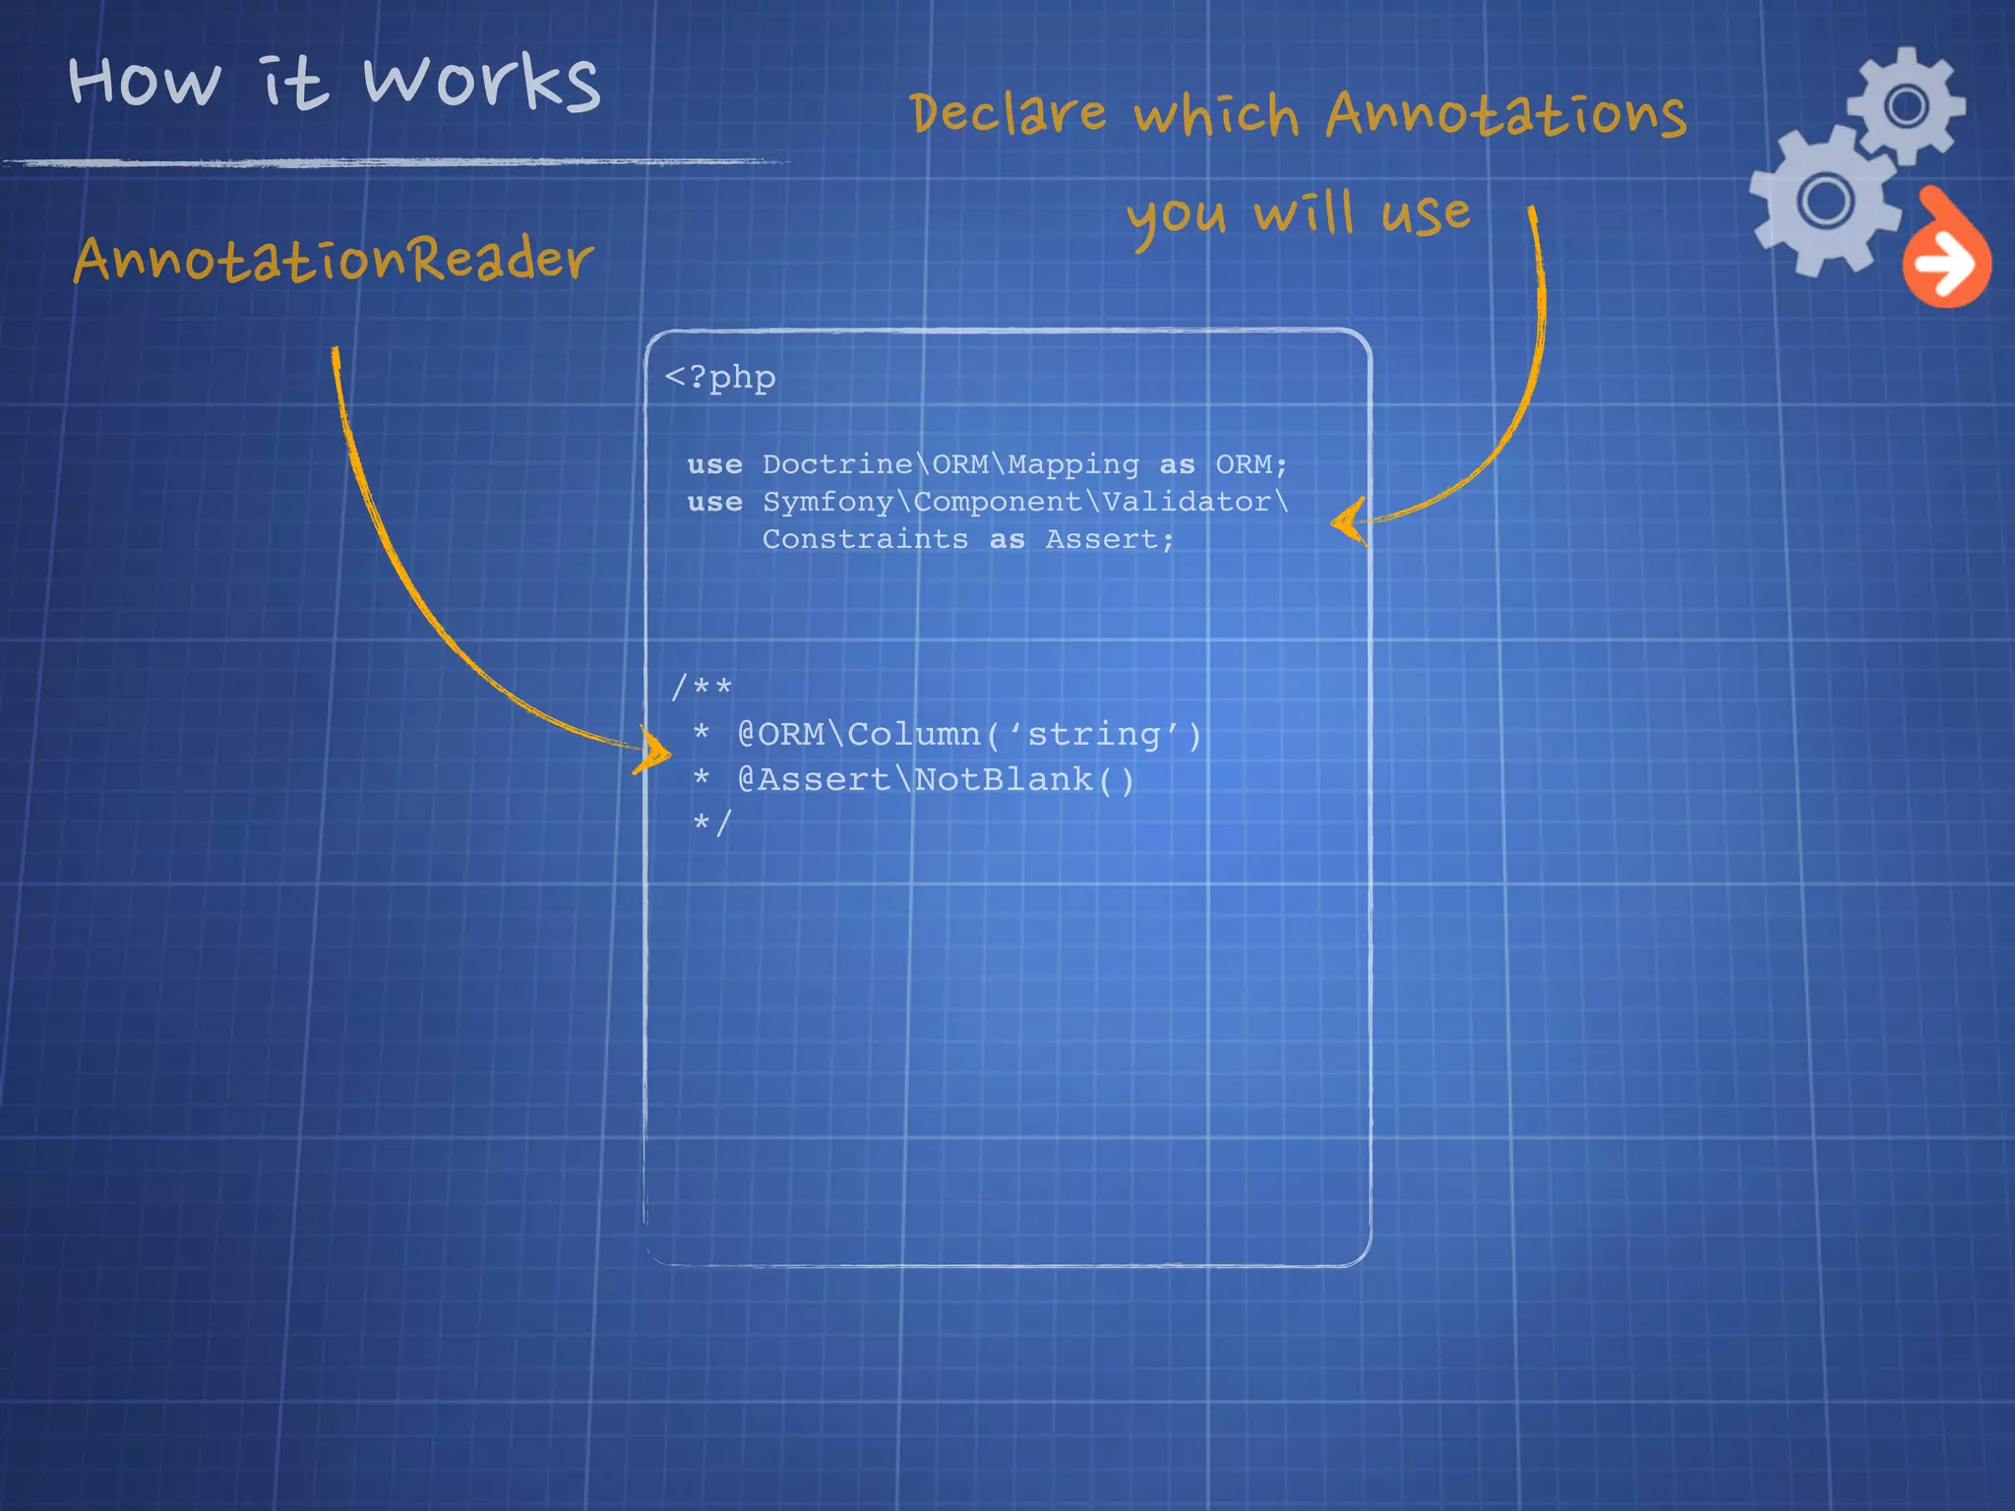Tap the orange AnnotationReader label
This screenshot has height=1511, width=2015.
coord(333,259)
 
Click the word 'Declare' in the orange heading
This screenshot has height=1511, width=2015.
coord(1008,112)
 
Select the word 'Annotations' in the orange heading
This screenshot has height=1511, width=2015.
coord(1505,114)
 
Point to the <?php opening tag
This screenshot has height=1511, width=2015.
coord(720,377)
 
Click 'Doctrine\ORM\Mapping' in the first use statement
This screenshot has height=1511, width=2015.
coord(950,464)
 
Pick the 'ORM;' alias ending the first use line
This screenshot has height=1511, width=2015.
coord(1251,464)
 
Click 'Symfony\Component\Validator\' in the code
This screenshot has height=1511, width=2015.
coord(1025,502)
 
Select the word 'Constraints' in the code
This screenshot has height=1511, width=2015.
coord(865,539)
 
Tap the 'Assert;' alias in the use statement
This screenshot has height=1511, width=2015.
coord(1109,539)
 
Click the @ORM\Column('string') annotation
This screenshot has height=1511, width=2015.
coord(969,734)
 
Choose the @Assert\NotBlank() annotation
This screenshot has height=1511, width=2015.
coord(936,779)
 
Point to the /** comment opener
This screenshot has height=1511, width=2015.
coord(701,687)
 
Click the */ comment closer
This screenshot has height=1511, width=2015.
coord(711,821)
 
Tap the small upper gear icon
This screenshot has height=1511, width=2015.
coord(1906,104)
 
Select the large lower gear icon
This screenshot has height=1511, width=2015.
coord(1824,201)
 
